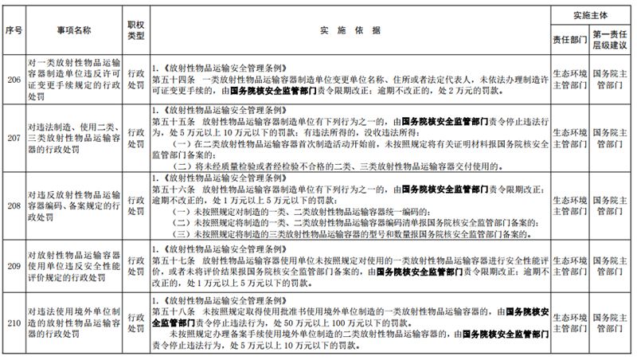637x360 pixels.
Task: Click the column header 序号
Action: [12, 29]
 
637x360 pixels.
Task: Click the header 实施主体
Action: [593, 15]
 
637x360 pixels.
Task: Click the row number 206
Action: [12, 84]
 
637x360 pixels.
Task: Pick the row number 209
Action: [12, 264]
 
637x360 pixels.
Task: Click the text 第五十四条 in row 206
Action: [171, 78]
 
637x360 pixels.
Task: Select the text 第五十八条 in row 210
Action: [171, 313]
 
